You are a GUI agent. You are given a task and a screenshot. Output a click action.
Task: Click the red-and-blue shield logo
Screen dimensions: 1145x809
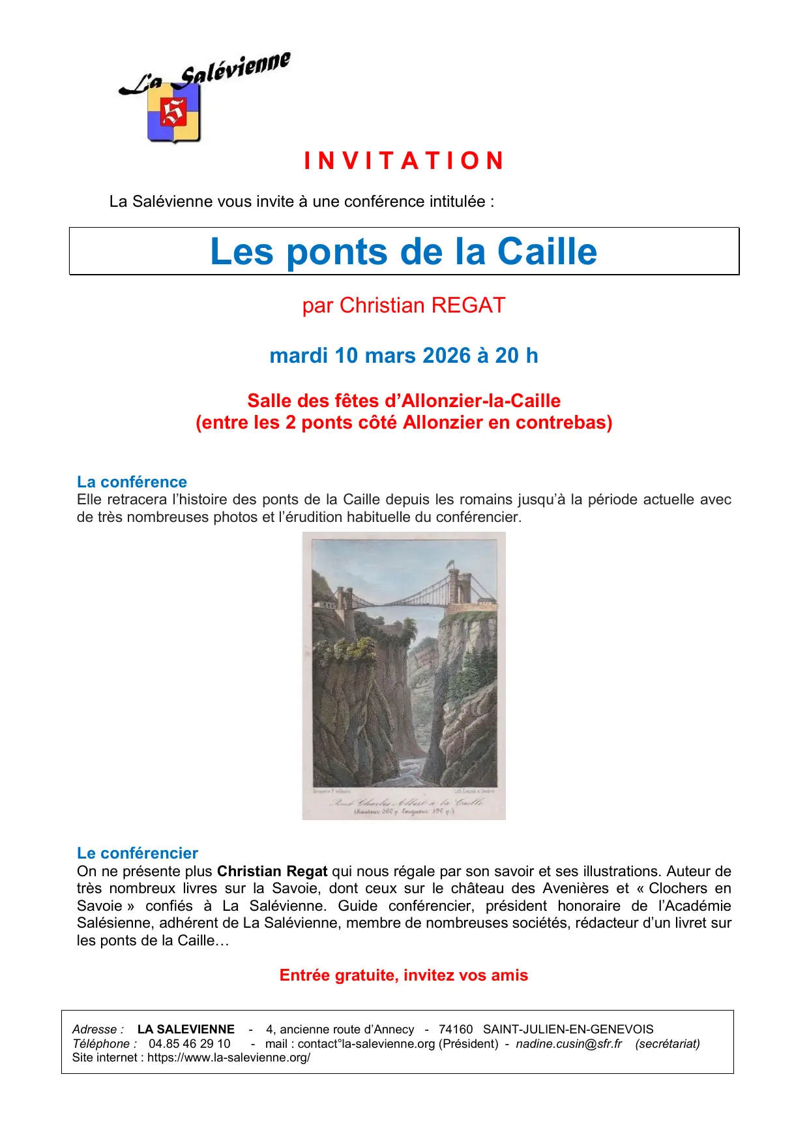pyautogui.click(x=173, y=112)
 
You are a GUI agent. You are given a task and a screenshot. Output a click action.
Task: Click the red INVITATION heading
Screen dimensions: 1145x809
pyautogui.click(x=404, y=160)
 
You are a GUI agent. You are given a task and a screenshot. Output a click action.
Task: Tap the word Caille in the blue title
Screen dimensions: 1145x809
pyautogui.click(x=546, y=251)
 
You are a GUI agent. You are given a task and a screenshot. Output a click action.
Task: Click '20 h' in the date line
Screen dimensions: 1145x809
pyautogui.click(x=516, y=356)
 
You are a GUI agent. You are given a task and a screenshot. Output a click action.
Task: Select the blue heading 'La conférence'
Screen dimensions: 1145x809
pyautogui.click(x=132, y=482)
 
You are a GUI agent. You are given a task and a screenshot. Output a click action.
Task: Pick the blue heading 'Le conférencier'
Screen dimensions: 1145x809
pyautogui.click(x=137, y=853)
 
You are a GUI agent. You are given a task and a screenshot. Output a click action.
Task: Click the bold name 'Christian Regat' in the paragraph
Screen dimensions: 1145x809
pyautogui.click(x=272, y=872)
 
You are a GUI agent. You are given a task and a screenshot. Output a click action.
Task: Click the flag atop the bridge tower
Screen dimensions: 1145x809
pyautogui.click(x=450, y=562)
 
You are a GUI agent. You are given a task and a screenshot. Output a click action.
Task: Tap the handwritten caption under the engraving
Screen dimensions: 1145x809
pyautogui.click(x=405, y=802)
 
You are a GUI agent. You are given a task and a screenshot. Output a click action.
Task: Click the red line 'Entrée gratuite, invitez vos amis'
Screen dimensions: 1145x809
pyautogui.click(x=404, y=975)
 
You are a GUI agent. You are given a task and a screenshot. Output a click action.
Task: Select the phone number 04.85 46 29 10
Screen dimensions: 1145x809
pyautogui.click(x=189, y=1044)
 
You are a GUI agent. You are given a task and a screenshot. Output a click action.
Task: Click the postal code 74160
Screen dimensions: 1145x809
pyautogui.click(x=456, y=1030)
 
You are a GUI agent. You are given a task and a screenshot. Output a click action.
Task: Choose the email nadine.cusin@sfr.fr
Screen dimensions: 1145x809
pyautogui.click(x=568, y=1044)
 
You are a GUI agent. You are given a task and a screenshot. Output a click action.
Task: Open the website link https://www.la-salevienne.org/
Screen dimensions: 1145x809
pyautogui.click(x=228, y=1058)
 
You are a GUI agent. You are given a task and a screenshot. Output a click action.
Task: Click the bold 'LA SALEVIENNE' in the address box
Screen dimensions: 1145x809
pyautogui.click(x=186, y=1030)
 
